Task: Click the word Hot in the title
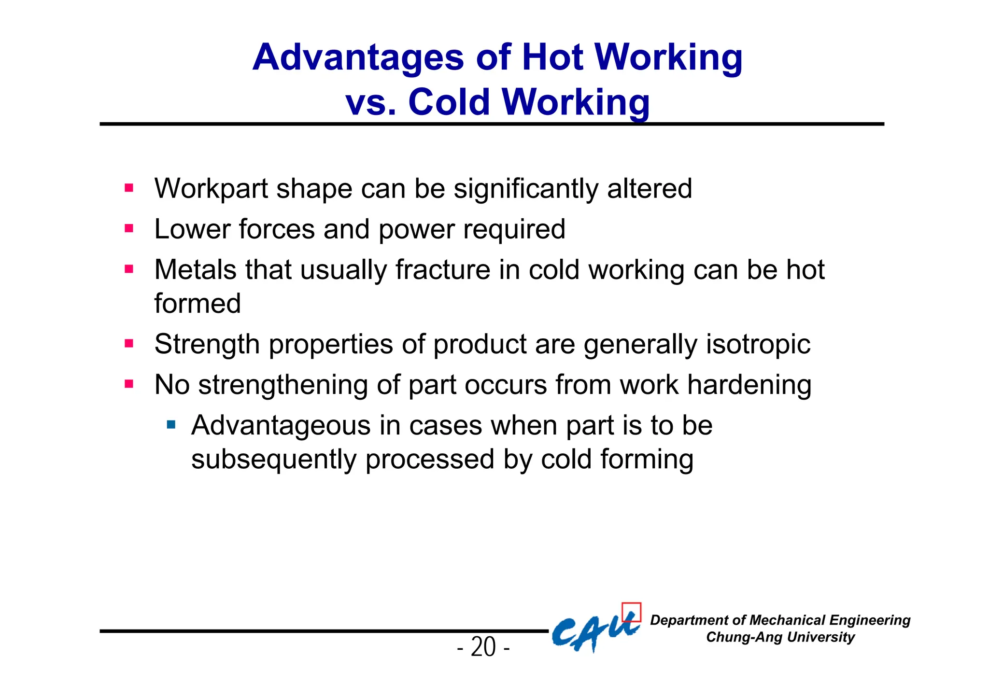552,57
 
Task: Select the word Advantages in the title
358,57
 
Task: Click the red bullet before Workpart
128,188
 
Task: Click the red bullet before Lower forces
128,228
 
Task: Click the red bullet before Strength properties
128,344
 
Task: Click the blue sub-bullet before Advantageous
171,425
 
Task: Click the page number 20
483,647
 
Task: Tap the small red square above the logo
631,612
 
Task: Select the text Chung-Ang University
780,637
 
